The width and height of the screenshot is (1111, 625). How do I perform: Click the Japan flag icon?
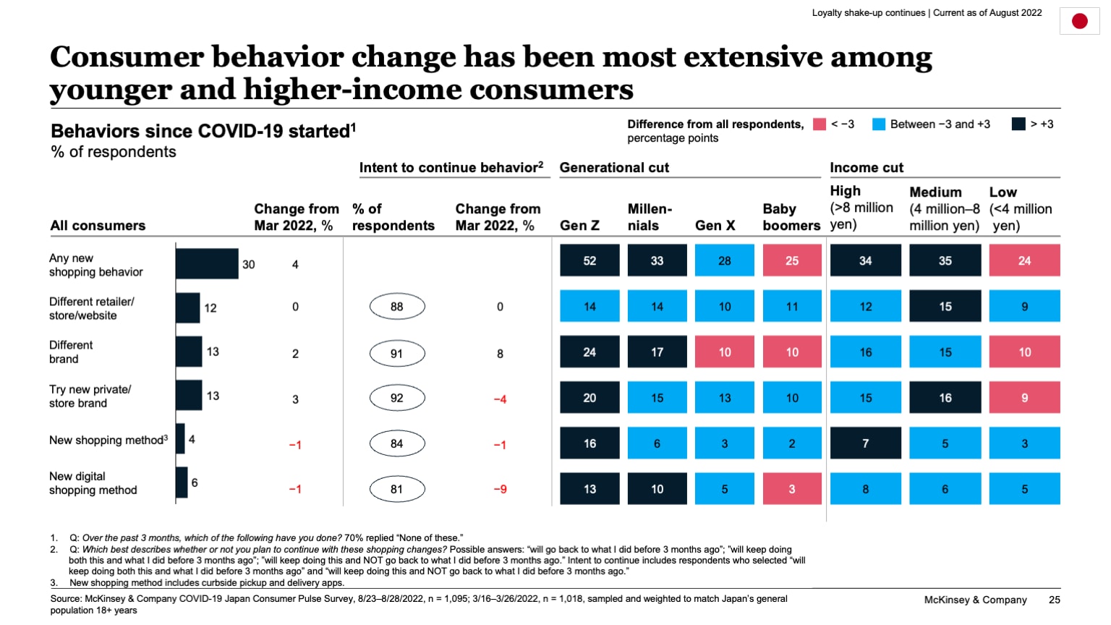click(1079, 21)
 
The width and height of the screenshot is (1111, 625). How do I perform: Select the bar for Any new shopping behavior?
click(207, 264)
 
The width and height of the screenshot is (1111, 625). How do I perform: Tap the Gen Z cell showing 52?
click(589, 260)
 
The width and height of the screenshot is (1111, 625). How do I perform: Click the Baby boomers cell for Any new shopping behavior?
click(792, 260)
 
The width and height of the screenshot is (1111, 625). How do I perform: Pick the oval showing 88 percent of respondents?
click(397, 307)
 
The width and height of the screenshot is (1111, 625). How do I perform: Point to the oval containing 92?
click(397, 398)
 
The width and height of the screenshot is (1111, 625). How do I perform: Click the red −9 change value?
click(500, 490)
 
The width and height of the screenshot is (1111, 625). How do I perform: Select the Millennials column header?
click(650, 217)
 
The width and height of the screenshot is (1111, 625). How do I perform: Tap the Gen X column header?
click(715, 226)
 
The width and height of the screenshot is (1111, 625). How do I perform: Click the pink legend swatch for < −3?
click(820, 124)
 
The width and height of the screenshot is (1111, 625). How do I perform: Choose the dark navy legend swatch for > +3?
click(1018, 124)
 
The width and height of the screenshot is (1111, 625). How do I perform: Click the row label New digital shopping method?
click(93, 483)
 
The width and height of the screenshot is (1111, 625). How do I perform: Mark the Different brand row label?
click(71, 352)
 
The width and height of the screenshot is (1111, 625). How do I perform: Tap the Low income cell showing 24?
click(1024, 260)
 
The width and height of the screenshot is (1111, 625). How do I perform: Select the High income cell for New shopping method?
click(865, 443)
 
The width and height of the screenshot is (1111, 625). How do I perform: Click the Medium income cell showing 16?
click(945, 398)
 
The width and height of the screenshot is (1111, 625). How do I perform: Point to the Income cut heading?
click(867, 168)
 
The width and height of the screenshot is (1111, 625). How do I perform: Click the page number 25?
click(1054, 600)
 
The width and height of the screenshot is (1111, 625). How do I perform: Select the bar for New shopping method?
click(180, 439)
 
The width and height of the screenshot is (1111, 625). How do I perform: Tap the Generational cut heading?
click(614, 168)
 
